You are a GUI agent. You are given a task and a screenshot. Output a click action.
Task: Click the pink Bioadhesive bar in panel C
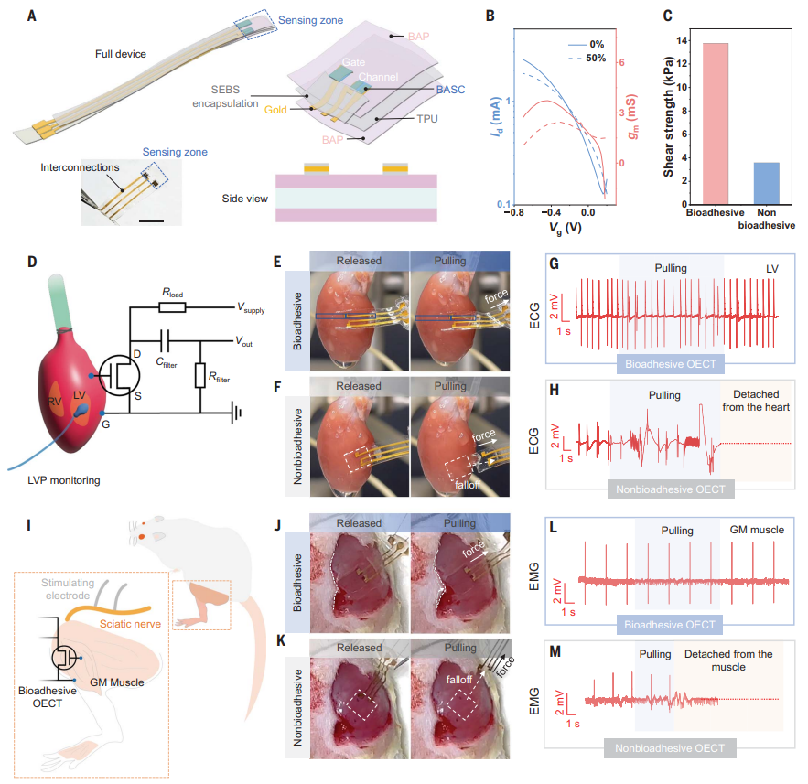click(716, 124)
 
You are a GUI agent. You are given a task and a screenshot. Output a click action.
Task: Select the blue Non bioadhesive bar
click(766, 183)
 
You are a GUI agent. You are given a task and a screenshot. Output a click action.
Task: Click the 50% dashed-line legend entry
click(587, 59)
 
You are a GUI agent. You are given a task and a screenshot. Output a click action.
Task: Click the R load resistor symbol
click(172, 307)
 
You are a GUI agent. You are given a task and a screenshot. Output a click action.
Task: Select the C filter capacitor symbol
click(166, 341)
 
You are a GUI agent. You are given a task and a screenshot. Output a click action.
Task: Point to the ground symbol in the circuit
click(236, 413)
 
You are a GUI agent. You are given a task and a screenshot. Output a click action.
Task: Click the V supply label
click(251, 308)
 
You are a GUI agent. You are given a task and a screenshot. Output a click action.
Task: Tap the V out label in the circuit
click(243, 341)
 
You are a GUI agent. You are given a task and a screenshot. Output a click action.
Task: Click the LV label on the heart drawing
click(80, 394)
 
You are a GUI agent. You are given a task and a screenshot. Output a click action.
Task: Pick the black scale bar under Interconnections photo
click(152, 221)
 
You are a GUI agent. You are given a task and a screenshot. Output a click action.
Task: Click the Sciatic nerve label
click(130, 624)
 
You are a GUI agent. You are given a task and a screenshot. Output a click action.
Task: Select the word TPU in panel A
click(427, 119)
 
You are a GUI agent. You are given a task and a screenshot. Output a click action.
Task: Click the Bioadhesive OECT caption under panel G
click(671, 364)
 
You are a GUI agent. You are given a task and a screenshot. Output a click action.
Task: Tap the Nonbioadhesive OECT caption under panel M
click(670, 748)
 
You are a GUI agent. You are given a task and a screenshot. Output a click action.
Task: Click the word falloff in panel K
click(459, 680)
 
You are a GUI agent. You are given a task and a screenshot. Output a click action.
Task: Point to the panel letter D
click(32, 262)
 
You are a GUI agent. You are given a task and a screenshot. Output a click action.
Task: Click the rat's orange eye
click(141, 537)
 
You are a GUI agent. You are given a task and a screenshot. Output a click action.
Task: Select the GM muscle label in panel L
click(757, 530)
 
